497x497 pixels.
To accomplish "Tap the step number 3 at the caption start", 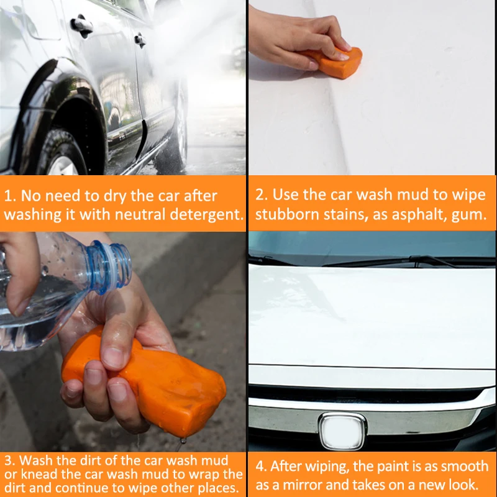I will point(9,460).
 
